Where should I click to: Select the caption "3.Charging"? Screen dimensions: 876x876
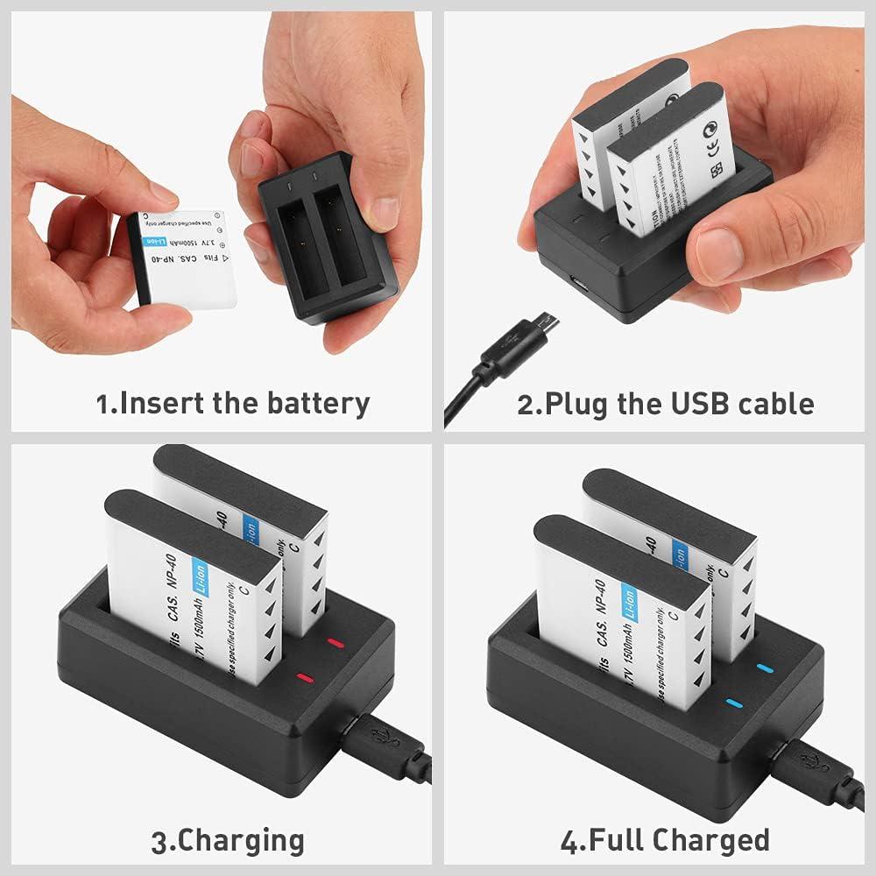tap(228, 841)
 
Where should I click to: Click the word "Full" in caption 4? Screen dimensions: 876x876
tap(618, 840)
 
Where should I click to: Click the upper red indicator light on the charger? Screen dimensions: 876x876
tap(334, 644)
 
